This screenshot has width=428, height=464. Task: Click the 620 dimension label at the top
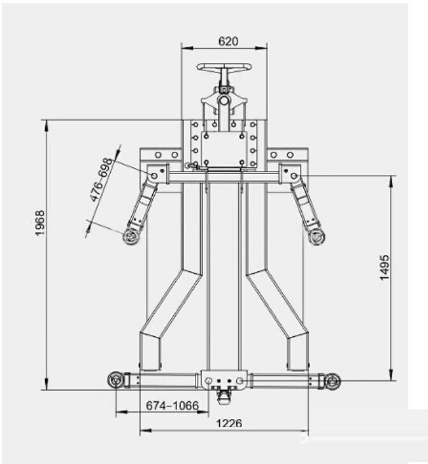pyautogui.click(x=228, y=41)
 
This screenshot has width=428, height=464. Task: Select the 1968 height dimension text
pyautogui.click(x=40, y=223)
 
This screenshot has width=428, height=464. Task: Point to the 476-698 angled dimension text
pyautogui.click(x=101, y=180)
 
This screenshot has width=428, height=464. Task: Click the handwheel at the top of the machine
pyautogui.click(x=224, y=67)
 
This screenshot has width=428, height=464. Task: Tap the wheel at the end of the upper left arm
pyautogui.click(x=131, y=237)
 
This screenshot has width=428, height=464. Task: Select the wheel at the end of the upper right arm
pyautogui.click(x=316, y=237)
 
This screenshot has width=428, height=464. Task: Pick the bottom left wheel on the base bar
pyautogui.click(x=115, y=380)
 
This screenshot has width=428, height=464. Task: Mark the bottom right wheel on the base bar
pyautogui.click(x=332, y=381)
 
